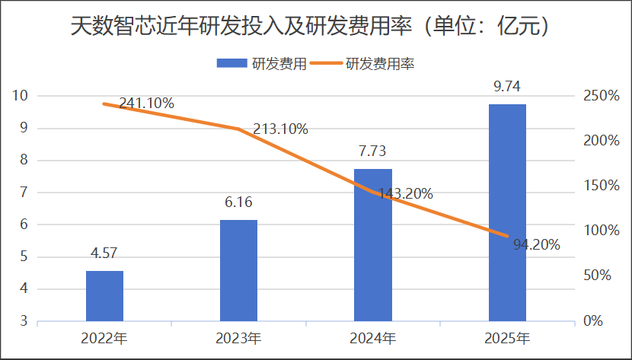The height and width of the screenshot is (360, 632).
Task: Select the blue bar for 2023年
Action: coord(238,270)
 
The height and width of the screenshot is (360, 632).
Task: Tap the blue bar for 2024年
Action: coord(373,244)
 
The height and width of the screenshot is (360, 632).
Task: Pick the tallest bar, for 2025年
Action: coord(507,212)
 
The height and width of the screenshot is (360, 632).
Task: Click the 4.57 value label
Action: coord(104,253)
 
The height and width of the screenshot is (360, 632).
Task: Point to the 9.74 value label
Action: coord(507,86)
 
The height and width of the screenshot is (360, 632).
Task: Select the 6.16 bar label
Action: coord(238,202)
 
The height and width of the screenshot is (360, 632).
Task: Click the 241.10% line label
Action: coord(148,103)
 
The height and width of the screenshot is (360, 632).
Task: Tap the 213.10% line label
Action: coord(280,129)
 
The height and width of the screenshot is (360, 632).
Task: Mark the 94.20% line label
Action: coord(536,244)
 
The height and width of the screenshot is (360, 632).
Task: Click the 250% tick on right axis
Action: coord(598,96)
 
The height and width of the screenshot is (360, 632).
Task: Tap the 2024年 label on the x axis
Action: coord(373,338)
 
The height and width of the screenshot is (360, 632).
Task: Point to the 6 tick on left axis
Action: coord(24,225)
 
